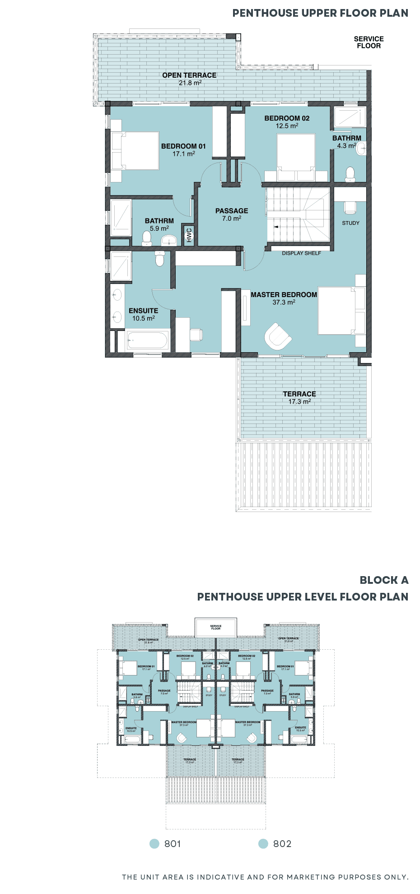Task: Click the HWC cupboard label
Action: click(x=189, y=235)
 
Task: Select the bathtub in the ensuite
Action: click(x=148, y=340)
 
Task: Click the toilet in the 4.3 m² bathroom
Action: click(x=350, y=174)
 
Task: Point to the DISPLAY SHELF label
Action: click(x=301, y=253)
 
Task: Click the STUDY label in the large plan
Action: click(x=350, y=223)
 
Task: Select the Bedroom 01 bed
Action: click(x=135, y=151)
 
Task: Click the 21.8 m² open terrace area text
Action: click(x=190, y=83)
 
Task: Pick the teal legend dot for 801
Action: click(x=154, y=843)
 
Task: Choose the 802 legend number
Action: click(x=282, y=844)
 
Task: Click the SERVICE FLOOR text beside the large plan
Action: click(x=369, y=42)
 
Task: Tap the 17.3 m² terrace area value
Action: click(x=299, y=401)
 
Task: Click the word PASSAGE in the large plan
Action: click(x=232, y=211)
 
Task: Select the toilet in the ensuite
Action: click(x=159, y=259)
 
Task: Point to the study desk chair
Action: click(x=350, y=207)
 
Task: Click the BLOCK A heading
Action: click(x=383, y=580)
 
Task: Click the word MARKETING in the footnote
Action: click(x=311, y=877)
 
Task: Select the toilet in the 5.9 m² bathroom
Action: click(x=146, y=238)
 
